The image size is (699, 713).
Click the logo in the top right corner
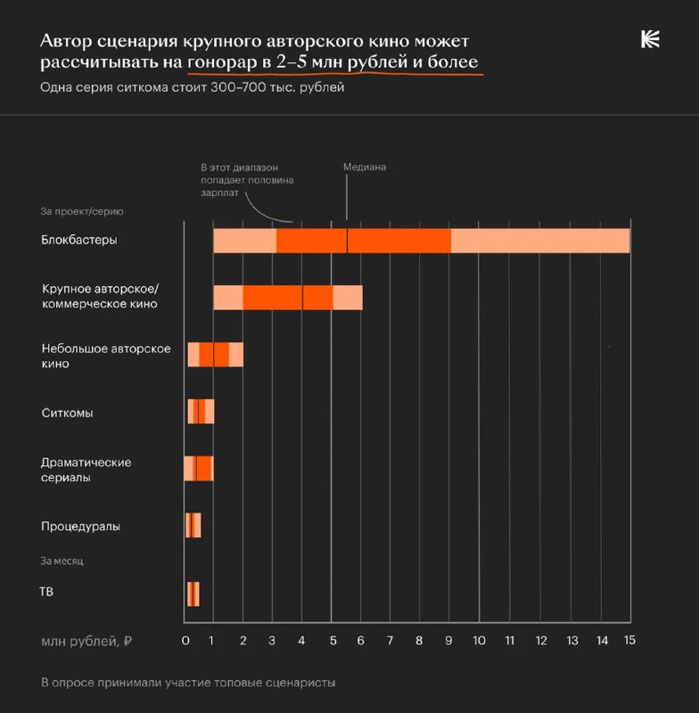click(650, 39)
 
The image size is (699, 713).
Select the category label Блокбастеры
click(79, 240)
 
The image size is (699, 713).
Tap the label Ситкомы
click(68, 413)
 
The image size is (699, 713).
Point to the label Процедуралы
click(81, 526)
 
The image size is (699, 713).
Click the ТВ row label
click(46, 590)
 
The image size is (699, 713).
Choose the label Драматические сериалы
click(86, 470)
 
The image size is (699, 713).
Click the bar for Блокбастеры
click(421, 241)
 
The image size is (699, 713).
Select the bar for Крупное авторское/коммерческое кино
click(287, 298)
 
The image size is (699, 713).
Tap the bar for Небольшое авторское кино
click(214, 355)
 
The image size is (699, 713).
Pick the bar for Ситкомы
click(201, 412)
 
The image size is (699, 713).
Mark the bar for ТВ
click(193, 594)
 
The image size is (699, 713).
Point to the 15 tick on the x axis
click(629, 640)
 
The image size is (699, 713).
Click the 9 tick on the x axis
click(449, 640)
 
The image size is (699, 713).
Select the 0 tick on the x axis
click(185, 640)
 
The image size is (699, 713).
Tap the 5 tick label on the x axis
click(332, 640)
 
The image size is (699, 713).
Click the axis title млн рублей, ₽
click(86, 641)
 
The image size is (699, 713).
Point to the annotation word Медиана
click(365, 167)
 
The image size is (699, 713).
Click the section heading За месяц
click(62, 561)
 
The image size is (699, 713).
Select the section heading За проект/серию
click(82, 212)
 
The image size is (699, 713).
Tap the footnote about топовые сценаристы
click(187, 683)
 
